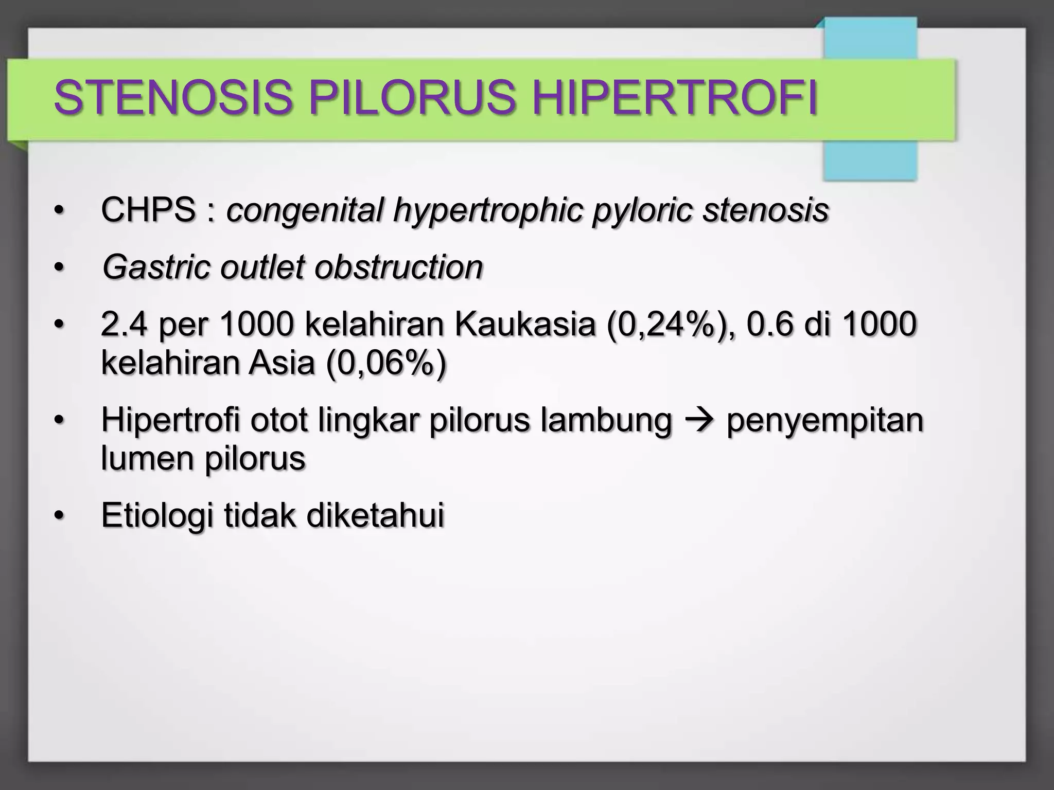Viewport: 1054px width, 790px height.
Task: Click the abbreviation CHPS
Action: [x=148, y=210]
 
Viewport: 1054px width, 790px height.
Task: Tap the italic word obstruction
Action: [x=398, y=267]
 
